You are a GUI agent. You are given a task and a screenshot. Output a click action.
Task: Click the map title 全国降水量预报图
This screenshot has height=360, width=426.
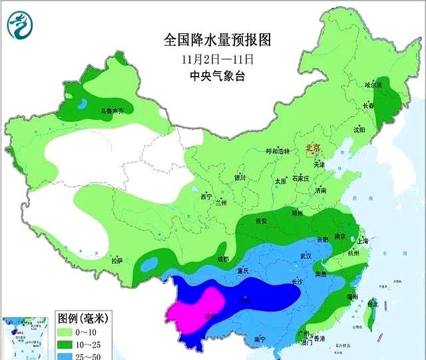(218, 41)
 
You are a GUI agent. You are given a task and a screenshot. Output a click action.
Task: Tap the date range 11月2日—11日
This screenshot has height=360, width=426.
(218, 59)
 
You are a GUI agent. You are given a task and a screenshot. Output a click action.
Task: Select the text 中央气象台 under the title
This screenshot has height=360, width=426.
(218, 77)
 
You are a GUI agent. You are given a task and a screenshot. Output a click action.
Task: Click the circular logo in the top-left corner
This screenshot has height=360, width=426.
(19, 25)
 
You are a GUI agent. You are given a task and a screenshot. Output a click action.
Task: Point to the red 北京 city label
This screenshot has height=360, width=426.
(312, 148)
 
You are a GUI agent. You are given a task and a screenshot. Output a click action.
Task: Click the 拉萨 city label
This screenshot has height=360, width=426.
(117, 261)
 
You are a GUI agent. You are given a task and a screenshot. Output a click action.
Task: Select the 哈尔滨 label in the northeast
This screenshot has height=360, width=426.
(374, 85)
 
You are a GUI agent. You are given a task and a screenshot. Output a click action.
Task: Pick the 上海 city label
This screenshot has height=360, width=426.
(363, 241)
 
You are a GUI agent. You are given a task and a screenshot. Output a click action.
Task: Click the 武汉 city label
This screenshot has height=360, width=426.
(306, 256)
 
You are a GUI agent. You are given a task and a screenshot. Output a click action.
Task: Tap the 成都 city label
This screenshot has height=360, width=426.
(222, 259)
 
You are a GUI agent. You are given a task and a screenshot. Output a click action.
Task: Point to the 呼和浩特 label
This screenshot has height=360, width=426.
(278, 152)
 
